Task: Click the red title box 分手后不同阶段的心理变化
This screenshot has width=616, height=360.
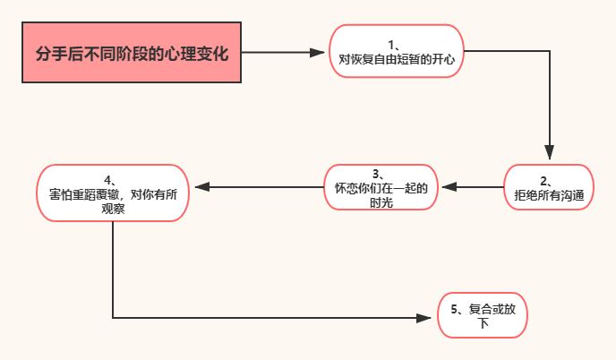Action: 132,52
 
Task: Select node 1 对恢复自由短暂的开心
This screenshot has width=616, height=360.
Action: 397,51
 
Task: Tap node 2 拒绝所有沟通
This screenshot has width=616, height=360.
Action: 549,187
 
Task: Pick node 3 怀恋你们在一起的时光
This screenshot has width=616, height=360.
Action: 381,187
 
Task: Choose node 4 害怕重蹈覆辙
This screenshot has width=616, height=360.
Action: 113,193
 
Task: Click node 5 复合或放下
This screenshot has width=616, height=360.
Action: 483,315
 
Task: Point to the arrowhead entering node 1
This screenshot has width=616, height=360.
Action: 317,52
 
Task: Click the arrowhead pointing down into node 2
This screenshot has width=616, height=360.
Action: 549,152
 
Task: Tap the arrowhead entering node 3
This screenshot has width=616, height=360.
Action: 449,187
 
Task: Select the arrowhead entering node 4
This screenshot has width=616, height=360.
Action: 202,187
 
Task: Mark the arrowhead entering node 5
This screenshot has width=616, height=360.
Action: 423,318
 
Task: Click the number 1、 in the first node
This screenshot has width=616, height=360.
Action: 394,45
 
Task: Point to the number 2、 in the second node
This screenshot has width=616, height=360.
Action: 546,181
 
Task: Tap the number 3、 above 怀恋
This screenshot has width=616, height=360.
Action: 378,174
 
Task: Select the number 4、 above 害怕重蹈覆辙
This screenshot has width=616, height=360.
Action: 110,180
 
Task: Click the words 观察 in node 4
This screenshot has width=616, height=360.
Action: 113,209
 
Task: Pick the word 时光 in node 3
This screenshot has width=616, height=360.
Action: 381,202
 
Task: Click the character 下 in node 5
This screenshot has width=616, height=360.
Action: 483,323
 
